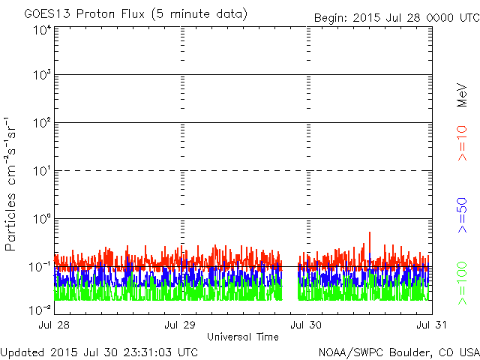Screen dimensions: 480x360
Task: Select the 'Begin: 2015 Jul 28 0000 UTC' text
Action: coord(397,18)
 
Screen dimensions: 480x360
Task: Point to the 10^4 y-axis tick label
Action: coord(42,31)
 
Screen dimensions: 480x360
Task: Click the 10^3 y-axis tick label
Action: coord(42,75)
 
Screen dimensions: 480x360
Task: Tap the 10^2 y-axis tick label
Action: coord(42,123)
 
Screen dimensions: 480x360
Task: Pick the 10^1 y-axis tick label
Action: coord(42,171)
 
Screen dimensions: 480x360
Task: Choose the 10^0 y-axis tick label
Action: coord(42,219)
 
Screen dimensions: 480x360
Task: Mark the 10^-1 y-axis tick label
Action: coord(40,267)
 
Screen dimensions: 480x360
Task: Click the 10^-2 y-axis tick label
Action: coord(40,310)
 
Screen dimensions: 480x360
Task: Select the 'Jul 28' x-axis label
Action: coord(54,325)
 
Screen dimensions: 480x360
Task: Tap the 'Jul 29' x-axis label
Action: coord(180,325)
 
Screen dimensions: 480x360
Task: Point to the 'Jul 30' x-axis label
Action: coord(306,325)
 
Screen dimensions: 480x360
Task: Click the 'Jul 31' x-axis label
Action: coord(432,325)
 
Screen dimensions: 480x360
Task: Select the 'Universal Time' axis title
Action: coord(243,337)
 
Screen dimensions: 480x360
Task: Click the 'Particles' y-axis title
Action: coord(10,222)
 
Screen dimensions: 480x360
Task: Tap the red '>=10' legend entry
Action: coord(462,143)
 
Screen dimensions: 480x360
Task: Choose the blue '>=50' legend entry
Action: coord(462,215)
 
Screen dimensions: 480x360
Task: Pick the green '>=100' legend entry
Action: coord(462,283)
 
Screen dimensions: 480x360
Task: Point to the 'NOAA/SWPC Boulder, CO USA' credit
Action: coord(399,352)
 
